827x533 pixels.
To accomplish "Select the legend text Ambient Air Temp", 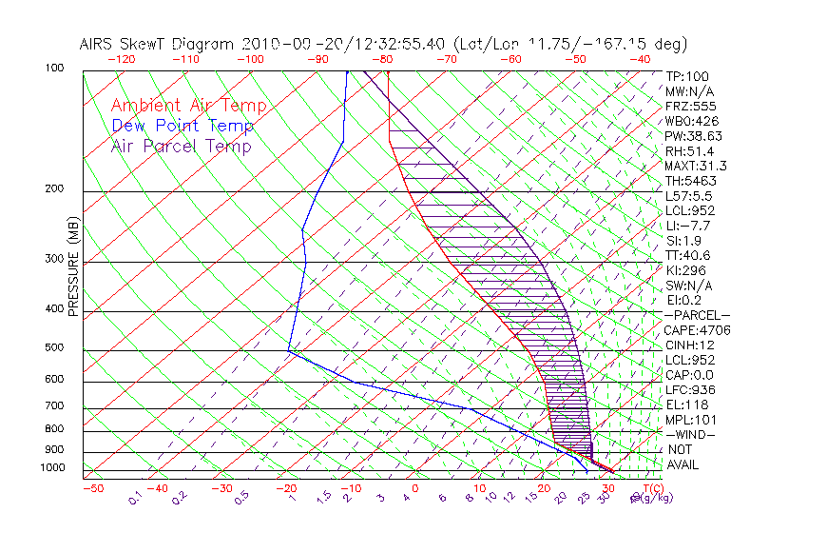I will (x=188, y=106).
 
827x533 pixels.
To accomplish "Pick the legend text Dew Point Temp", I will (x=183, y=126).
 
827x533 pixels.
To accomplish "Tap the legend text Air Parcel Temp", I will (x=182, y=146).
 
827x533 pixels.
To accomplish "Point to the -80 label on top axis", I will (x=383, y=59).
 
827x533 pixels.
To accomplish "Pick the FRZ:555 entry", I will (x=686, y=106).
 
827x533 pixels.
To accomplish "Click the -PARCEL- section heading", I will (x=697, y=315).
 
